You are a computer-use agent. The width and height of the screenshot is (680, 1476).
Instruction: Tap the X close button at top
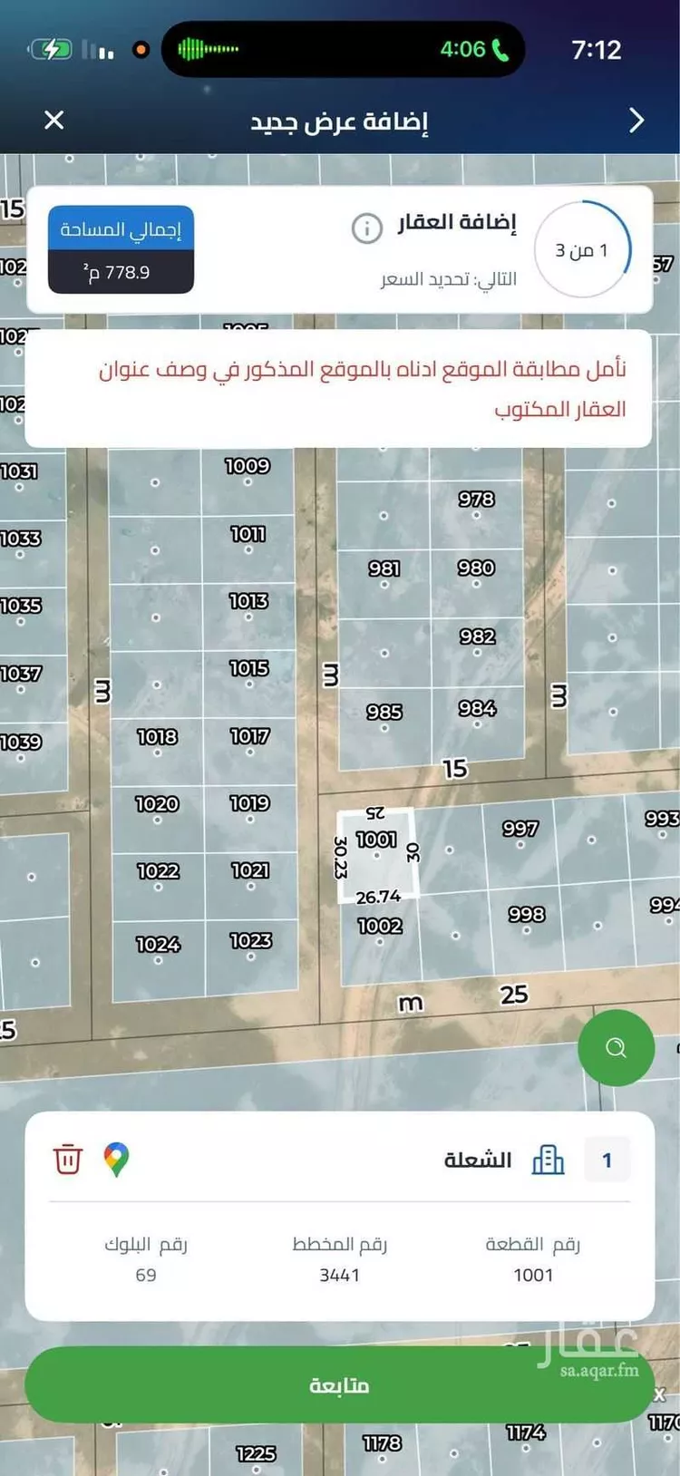pyautogui.click(x=54, y=120)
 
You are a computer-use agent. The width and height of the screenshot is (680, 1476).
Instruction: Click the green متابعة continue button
pyautogui.click(x=339, y=1384)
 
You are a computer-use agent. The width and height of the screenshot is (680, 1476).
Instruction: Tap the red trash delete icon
pyautogui.click(x=68, y=1159)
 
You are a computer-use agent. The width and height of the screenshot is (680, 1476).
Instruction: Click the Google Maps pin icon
pyautogui.click(x=116, y=1159)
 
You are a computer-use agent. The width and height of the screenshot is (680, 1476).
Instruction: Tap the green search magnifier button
pyautogui.click(x=616, y=1048)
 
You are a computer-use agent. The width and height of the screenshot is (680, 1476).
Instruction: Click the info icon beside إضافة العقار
pyautogui.click(x=366, y=228)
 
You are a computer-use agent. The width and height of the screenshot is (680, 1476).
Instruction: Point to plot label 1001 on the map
pyautogui.click(x=375, y=840)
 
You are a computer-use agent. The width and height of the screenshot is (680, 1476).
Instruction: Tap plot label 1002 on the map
pyautogui.click(x=379, y=926)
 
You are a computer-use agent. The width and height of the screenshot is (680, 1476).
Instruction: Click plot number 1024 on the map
pyautogui.click(x=158, y=945)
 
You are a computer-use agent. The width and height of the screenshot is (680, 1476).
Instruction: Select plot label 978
pyautogui.click(x=476, y=499)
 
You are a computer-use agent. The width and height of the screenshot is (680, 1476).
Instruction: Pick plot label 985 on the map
pyautogui.click(x=384, y=712)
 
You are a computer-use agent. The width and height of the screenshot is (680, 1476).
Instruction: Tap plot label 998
pyautogui.click(x=526, y=914)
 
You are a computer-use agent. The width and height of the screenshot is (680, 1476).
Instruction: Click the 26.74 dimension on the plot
pyautogui.click(x=378, y=897)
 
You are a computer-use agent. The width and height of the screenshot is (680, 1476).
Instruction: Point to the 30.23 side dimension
pyautogui.click(x=341, y=857)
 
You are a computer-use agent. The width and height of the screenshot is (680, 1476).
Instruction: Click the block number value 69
pyautogui.click(x=146, y=1275)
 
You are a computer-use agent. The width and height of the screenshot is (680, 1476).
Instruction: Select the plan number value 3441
pyautogui.click(x=339, y=1275)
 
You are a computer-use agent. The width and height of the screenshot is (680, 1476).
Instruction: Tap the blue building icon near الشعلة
pyautogui.click(x=548, y=1159)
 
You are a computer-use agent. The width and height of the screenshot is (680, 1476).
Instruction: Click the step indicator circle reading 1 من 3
pyautogui.click(x=582, y=249)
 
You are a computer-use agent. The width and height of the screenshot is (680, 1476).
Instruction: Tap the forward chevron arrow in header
pyautogui.click(x=636, y=120)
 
